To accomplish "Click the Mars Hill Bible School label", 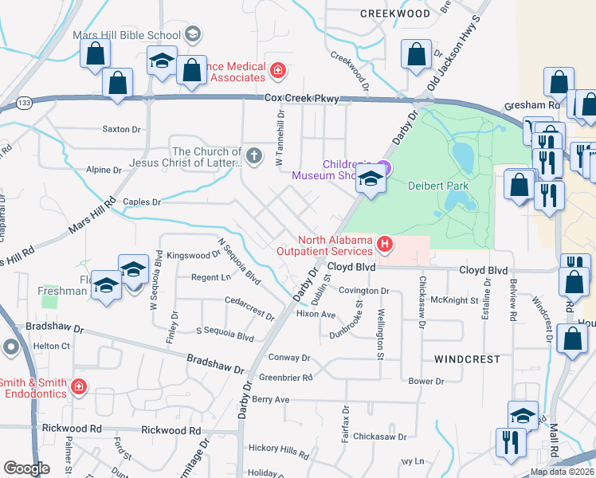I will (126, 35).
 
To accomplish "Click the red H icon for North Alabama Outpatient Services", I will (386, 243).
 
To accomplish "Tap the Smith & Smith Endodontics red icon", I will (78, 388).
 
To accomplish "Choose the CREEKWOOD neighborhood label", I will (394, 14).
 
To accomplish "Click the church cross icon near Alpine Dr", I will (254, 155).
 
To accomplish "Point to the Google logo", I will (26, 468).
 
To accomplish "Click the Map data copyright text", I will (562, 472).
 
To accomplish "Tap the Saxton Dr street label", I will (121, 128).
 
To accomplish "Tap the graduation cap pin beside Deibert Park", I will (371, 179).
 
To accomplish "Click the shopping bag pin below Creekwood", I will (417, 55).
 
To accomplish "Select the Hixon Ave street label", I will (316, 314).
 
